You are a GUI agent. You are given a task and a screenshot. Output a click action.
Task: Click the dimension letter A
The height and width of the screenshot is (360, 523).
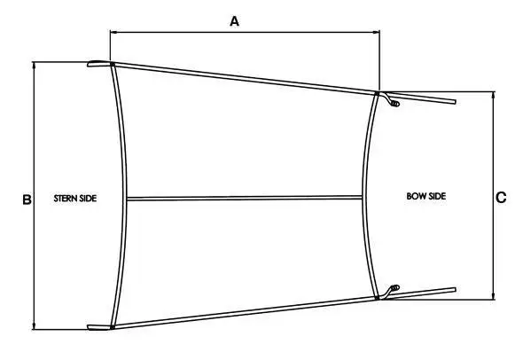click(235, 21)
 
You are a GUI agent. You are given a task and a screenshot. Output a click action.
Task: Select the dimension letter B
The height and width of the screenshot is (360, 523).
click(27, 200)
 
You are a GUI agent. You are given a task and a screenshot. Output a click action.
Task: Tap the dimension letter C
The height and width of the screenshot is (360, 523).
click(501, 198)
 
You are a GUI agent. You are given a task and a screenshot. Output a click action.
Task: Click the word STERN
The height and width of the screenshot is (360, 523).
click(66, 199)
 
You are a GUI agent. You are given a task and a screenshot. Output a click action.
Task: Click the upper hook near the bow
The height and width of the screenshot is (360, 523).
click(391, 100)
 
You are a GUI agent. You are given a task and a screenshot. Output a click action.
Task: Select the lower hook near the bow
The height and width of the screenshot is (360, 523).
click(391, 291)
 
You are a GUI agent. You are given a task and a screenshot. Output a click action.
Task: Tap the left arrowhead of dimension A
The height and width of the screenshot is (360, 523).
click(113, 32)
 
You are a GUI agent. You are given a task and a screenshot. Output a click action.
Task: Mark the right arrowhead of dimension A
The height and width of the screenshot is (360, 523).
click(377, 32)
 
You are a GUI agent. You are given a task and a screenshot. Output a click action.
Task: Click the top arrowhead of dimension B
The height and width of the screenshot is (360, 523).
click(34, 65)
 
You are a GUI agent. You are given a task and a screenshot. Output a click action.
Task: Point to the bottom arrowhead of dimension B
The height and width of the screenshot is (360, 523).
click(34, 326)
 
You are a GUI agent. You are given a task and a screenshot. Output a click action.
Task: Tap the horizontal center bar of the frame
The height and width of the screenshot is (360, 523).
click(244, 199)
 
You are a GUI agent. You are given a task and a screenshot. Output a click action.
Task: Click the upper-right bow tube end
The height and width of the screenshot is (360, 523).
click(454, 102)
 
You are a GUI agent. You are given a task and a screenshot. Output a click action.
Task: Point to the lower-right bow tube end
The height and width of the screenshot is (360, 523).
click(454, 290)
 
